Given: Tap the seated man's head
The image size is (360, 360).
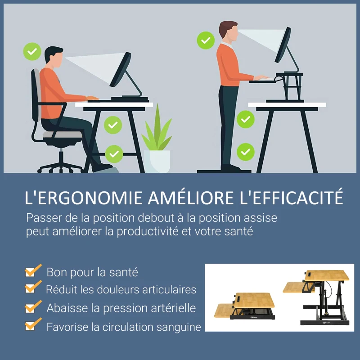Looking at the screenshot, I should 54,57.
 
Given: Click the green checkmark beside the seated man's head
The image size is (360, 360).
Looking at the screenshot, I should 32,52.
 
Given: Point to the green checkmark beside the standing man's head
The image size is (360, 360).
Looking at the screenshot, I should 206,40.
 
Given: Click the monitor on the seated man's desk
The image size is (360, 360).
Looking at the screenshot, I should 120,70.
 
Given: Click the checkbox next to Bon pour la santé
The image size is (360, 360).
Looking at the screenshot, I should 31,271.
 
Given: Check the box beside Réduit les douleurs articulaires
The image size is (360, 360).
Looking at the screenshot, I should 31,288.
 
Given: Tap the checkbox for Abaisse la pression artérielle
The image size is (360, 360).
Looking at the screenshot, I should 31,307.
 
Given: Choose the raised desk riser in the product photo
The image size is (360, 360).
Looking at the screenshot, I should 317,297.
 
